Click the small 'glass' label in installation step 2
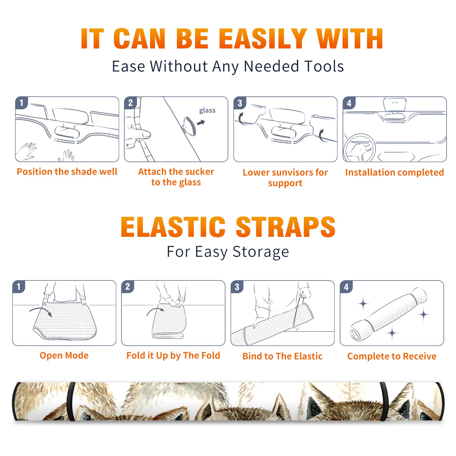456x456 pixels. point(207,111)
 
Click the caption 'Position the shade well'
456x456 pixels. point(67,172)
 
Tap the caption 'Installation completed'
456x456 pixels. point(394,172)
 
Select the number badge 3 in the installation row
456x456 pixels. point(240,103)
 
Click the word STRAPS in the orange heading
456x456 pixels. point(286,227)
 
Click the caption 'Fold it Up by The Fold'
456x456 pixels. point(173,355)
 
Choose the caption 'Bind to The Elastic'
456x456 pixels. point(282,356)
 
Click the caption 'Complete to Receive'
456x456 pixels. point(392,356)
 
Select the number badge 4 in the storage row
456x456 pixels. point(346,287)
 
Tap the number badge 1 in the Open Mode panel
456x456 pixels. point(19,286)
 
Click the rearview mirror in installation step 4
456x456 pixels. point(395,105)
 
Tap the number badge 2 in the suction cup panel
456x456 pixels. point(131,103)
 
